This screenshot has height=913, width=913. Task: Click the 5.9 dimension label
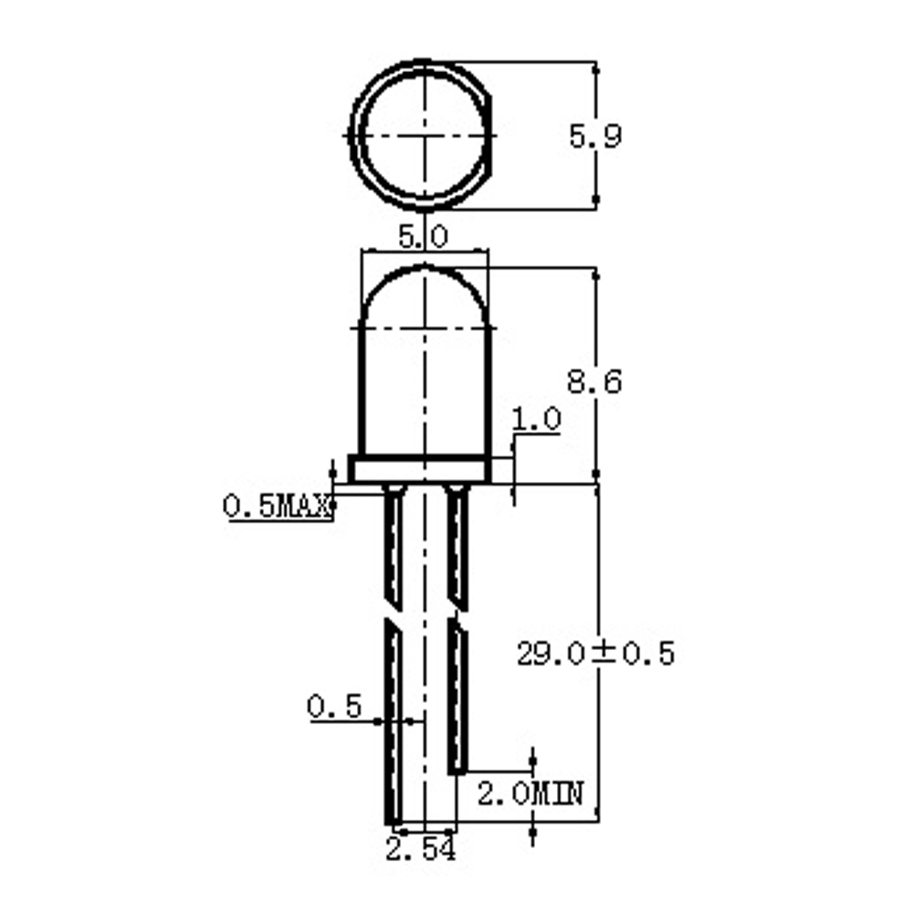[594, 136]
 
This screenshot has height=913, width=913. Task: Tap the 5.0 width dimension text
[424, 237]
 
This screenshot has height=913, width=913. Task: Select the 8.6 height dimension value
[594, 382]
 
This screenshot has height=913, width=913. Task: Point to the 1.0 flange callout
[536, 419]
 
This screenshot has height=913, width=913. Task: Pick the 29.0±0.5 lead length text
[595, 654]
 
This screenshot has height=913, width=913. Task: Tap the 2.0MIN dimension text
[530, 793]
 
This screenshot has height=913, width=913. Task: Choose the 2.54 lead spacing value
[420, 849]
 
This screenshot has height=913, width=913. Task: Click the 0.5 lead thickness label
[334, 707]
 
